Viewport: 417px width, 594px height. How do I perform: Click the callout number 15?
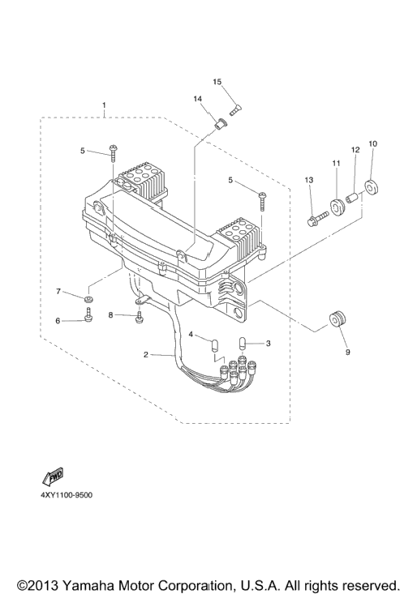tap(217, 82)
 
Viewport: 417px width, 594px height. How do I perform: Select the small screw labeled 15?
tap(236, 110)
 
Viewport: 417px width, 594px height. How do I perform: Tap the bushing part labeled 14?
tap(220, 123)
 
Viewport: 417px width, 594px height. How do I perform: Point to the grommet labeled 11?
tap(337, 207)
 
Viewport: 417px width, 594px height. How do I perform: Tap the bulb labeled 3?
tap(243, 344)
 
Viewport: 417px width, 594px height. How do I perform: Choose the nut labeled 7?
tap(89, 300)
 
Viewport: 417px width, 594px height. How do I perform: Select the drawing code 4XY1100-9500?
tap(67, 495)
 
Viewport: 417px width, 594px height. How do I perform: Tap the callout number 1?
tap(104, 105)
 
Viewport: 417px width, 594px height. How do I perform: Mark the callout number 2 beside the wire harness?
tap(145, 355)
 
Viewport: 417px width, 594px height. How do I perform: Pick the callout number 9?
tap(347, 353)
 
